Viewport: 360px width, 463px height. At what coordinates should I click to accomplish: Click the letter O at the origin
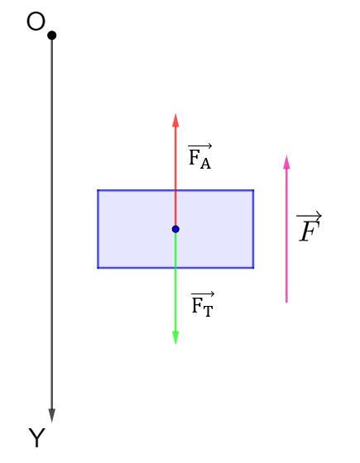(36, 21)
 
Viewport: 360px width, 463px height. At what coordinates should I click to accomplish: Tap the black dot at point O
(51, 36)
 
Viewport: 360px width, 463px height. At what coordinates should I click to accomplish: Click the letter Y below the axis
(37, 437)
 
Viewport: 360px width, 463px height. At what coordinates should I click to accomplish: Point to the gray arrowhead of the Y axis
(52, 416)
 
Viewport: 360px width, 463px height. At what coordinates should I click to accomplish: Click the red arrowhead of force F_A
(175, 121)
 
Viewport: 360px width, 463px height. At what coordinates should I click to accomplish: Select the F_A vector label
(199, 156)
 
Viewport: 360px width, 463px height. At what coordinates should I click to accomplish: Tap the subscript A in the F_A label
(205, 164)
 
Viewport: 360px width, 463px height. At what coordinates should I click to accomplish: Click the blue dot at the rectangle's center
(175, 229)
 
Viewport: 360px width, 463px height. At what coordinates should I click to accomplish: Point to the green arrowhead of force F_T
(175, 337)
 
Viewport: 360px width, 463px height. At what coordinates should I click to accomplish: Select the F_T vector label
(203, 304)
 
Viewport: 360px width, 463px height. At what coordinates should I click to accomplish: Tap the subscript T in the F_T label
(208, 311)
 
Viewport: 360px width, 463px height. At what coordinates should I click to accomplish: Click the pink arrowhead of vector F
(286, 162)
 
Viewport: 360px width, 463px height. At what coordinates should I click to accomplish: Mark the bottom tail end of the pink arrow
(286, 303)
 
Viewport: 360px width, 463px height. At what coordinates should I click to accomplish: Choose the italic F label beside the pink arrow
(310, 227)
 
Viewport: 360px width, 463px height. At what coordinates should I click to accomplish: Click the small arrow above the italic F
(310, 216)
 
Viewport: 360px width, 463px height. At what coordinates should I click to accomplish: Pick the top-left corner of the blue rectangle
(98, 190)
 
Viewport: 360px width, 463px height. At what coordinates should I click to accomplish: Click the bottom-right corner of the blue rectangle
(253, 268)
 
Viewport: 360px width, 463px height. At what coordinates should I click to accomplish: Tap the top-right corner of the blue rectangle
(253, 190)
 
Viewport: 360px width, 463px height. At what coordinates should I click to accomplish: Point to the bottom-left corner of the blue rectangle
(98, 268)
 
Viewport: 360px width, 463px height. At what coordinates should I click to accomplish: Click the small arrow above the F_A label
(200, 146)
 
